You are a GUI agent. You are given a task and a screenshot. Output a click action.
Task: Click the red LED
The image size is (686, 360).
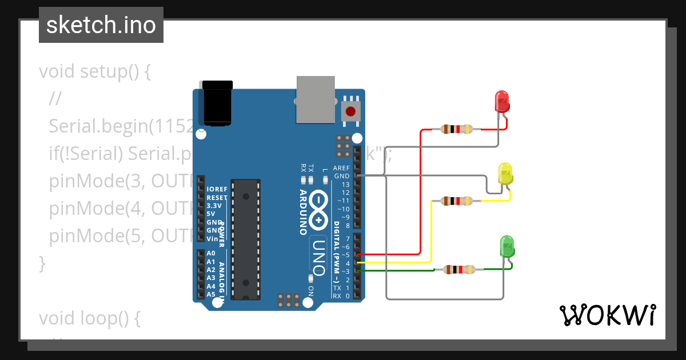[x=501, y=101]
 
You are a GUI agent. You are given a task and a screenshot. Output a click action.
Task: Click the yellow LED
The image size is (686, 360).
[x=505, y=174]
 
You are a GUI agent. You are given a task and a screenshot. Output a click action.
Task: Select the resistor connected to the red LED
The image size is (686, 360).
[x=456, y=129]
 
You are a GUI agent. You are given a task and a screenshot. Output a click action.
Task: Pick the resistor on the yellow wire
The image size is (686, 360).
[x=456, y=201]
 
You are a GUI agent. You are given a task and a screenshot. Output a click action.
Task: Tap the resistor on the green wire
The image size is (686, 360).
[x=459, y=269]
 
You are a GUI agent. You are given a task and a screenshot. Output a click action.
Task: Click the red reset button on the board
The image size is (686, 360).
[x=350, y=111]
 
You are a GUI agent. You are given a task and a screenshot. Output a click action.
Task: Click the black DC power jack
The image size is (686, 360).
[x=218, y=103]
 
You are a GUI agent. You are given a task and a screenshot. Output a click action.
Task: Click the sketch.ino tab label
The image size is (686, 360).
[x=101, y=25]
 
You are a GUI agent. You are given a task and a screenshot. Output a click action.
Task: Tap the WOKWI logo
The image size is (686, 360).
[x=607, y=315]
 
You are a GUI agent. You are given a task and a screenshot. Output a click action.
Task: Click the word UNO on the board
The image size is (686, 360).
[x=319, y=254]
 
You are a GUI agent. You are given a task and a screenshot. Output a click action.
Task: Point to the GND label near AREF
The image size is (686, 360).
[x=342, y=177]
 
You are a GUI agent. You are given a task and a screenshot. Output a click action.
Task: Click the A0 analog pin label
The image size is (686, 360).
[x=211, y=253]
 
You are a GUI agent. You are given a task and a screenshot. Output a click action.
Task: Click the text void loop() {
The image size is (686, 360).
[x=89, y=318]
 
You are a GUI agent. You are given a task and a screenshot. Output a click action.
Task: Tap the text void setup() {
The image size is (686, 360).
[x=94, y=72]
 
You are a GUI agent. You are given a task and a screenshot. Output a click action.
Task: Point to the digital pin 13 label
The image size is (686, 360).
[x=345, y=185]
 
